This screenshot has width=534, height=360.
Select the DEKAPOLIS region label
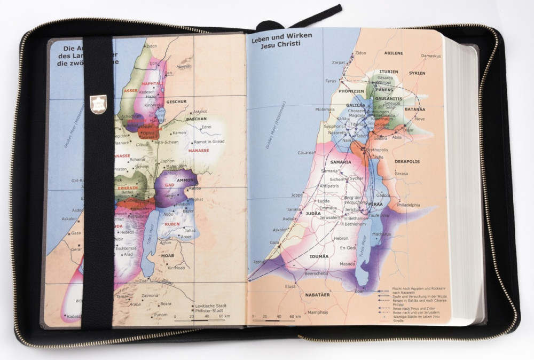click(x=407, y=161)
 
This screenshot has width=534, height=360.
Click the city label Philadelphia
click(x=408, y=205)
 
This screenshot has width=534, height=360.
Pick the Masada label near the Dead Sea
click(x=347, y=264)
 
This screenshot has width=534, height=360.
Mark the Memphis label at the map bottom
click(x=318, y=312)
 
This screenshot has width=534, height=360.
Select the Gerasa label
click(x=401, y=174)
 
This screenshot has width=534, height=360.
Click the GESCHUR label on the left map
click(x=176, y=101)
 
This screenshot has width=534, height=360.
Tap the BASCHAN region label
click(x=196, y=119)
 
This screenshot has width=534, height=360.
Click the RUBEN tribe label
click(x=172, y=224)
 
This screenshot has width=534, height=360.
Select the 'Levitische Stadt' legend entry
click(x=211, y=306)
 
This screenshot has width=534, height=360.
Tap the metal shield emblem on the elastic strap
click(x=98, y=104)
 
